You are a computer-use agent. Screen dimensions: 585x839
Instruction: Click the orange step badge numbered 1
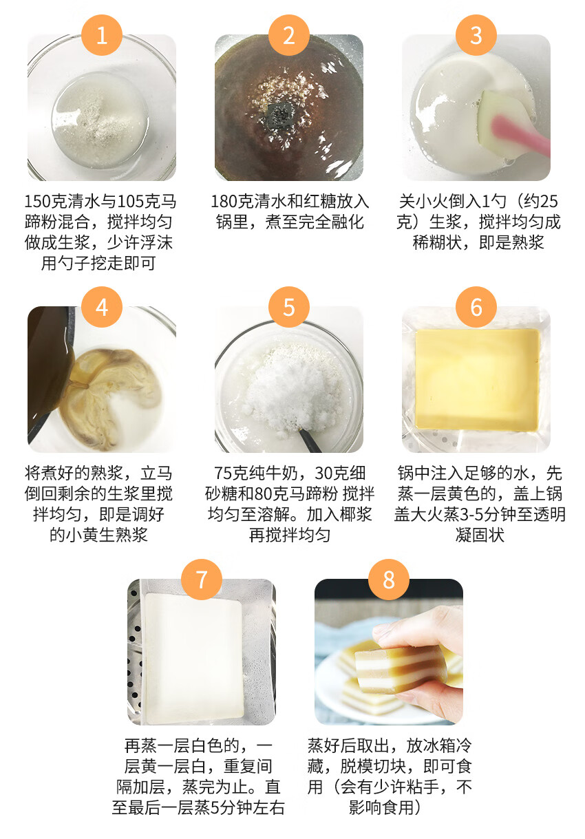pos(102,35)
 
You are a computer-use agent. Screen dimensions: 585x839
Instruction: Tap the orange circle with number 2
pos(289,35)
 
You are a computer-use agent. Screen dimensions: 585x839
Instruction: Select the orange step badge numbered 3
pos(476,35)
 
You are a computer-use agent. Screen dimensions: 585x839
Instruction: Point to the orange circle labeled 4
pos(102,307)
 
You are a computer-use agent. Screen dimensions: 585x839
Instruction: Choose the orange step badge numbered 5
pos(289,307)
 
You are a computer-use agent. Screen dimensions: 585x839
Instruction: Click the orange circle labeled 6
pos(476,307)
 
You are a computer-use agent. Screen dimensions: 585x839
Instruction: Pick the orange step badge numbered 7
pos(202,580)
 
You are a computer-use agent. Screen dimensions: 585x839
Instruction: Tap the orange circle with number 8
pos(388,580)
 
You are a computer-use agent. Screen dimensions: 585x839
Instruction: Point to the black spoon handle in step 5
pos(311,440)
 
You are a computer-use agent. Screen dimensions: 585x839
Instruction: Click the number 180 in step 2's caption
pos(224,202)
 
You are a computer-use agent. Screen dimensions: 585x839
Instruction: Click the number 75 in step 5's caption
pos(222,474)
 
